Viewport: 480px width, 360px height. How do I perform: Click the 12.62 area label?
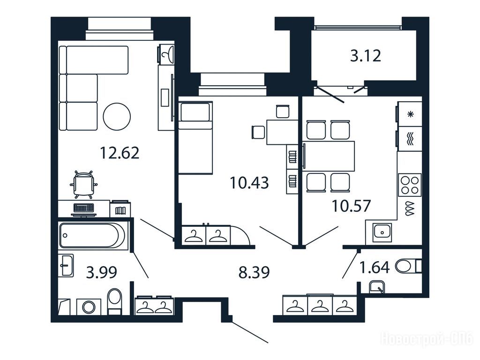120,153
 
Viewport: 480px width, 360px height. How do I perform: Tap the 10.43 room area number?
249,183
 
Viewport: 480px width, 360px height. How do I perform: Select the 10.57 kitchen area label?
352,206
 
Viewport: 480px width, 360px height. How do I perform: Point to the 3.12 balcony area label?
366,56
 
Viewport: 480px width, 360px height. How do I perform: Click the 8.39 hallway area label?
254,272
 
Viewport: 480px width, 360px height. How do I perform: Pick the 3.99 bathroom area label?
102,272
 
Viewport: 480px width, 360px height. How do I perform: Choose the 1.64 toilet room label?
375,267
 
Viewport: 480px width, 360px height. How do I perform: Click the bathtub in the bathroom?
92,235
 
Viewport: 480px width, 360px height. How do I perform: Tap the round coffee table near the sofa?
117,117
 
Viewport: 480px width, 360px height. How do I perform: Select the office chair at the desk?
84,184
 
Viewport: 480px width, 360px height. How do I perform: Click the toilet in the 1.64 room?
409,266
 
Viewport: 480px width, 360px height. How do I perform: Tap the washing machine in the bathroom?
89,307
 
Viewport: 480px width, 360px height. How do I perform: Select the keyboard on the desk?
84,208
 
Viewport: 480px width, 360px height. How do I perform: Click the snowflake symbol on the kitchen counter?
411,114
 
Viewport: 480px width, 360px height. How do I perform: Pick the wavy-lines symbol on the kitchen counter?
410,139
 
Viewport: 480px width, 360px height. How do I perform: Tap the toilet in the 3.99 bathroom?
115,301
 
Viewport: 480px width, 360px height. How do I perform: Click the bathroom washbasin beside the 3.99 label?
66,265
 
